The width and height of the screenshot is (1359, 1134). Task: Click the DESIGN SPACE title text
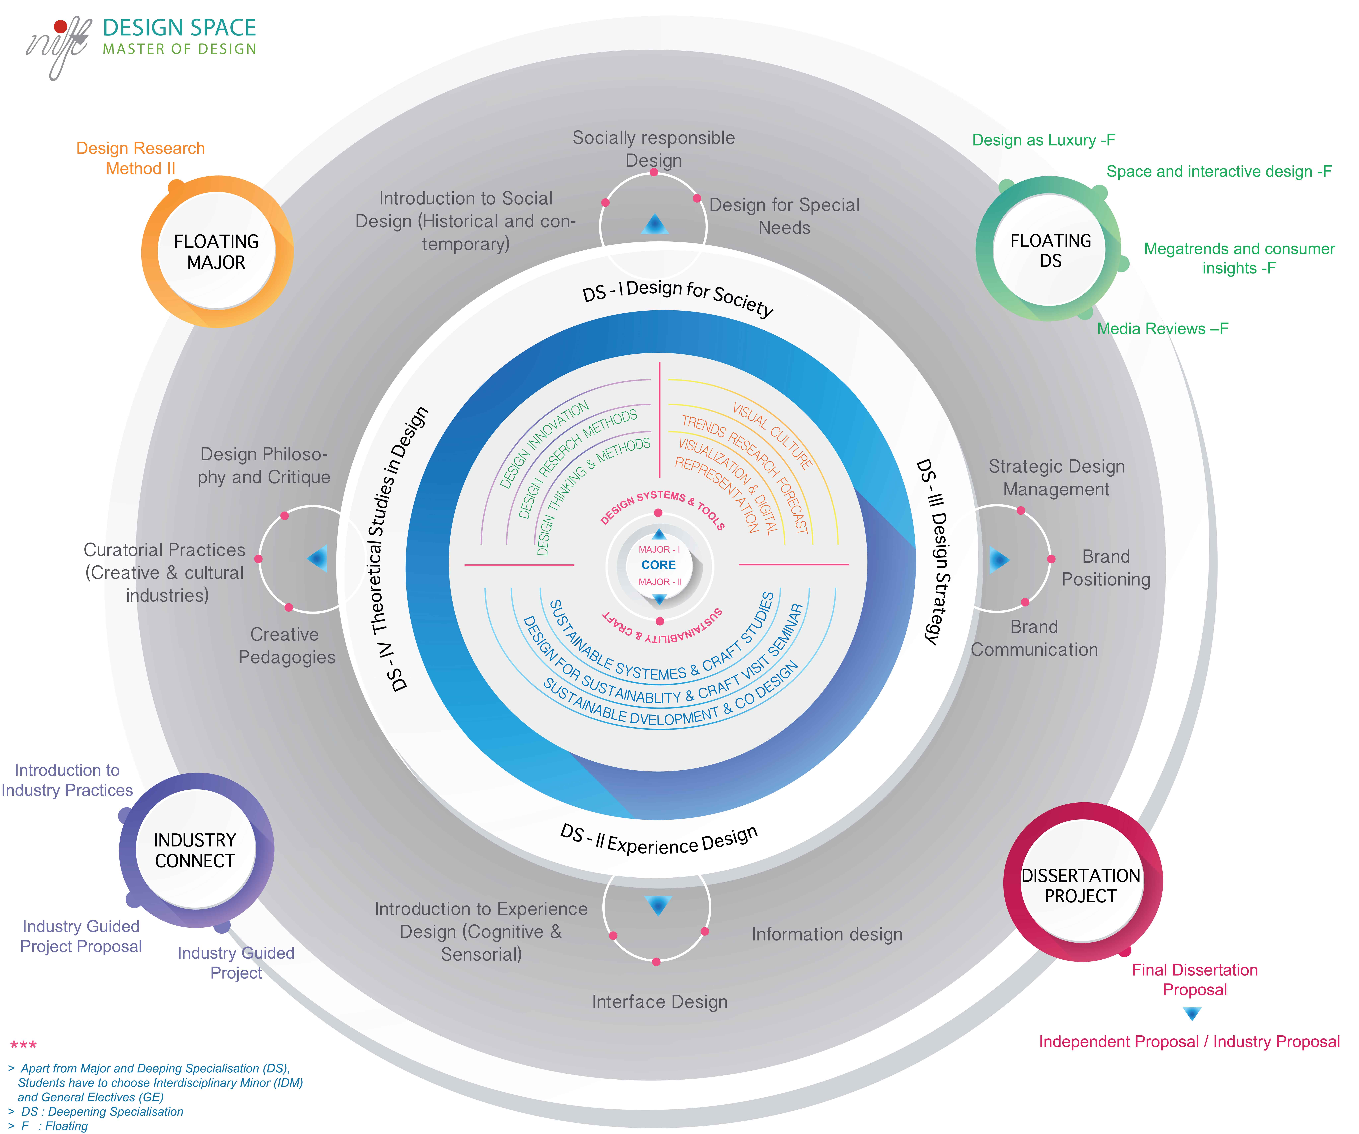[179, 28]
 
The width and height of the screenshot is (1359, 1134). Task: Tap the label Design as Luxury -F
[1043, 140]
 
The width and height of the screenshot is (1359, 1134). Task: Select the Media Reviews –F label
[1162, 329]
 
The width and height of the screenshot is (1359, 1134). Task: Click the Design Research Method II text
[141, 158]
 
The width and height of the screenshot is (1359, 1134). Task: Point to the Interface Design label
[659, 1002]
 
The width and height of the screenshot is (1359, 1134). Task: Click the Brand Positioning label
[1106, 568]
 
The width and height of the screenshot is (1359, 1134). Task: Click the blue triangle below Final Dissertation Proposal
[1192, 1014]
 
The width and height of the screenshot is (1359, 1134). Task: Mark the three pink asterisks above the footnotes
[23, 1045]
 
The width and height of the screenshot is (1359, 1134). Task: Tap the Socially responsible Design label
[654, 149]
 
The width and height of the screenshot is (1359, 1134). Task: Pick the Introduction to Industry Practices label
[67, 780]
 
